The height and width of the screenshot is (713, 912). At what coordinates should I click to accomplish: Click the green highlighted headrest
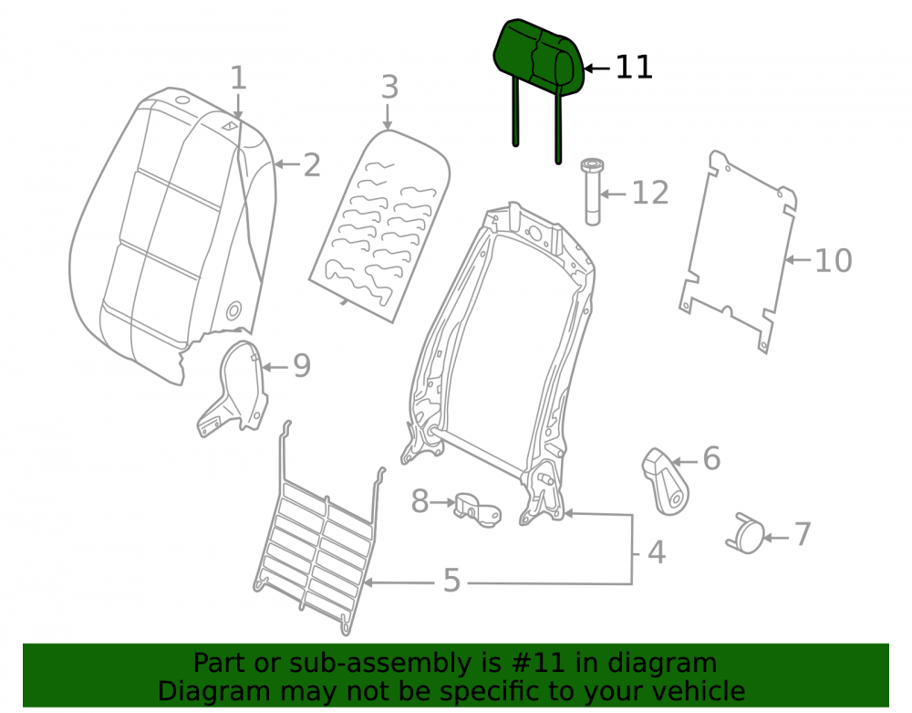(536, 58)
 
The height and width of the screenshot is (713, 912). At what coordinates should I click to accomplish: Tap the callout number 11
(634, 68)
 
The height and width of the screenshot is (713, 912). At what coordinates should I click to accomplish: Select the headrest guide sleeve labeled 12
(592, 192)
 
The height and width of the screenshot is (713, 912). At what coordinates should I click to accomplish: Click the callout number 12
(650, 193)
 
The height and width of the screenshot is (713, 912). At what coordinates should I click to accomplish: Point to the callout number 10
(834, 260)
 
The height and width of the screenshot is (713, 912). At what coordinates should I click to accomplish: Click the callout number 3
(389, 88)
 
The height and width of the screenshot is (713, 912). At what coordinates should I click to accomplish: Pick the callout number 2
(312, 165)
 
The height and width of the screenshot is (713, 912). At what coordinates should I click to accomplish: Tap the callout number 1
(238, 78)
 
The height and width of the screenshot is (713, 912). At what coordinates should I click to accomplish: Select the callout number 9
(301, 365)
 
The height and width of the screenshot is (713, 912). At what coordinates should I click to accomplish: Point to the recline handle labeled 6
(666, 481)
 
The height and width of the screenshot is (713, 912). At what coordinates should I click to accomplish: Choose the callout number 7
(803, 534)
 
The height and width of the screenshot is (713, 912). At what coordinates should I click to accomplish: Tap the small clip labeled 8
(478, 509)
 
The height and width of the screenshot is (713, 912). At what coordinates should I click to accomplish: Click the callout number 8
(420, 501)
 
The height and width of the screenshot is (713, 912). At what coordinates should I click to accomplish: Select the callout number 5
(452, 581)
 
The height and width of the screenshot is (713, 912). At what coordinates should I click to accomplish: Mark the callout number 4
(657, 552)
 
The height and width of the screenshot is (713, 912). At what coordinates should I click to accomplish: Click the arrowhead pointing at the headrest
(588, 68)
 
